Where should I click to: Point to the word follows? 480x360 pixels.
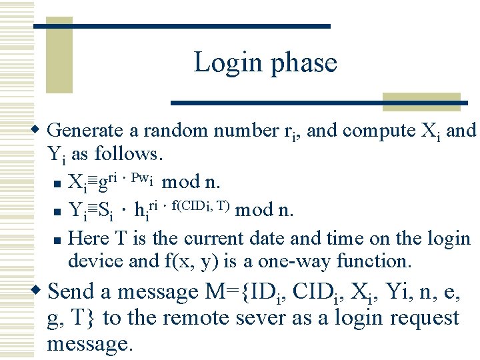coord(127,154)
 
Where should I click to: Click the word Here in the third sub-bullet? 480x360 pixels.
coord(85,239)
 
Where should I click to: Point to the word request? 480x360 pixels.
coord(422,319)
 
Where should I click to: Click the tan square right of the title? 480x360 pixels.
coord(422,101)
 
